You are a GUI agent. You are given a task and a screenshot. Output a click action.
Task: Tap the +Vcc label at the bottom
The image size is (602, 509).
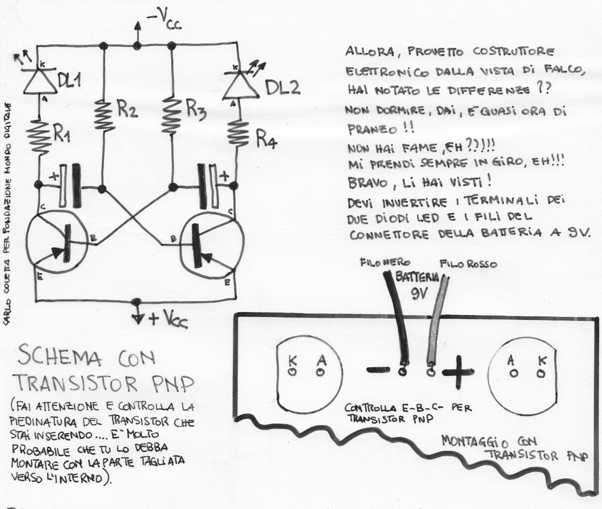(168, 319)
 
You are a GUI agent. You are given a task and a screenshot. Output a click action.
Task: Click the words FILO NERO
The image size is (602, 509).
(385, 262)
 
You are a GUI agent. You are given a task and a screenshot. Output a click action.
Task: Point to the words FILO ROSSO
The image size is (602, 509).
(468, 264)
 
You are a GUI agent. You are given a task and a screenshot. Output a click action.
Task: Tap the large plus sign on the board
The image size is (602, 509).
(458, 372)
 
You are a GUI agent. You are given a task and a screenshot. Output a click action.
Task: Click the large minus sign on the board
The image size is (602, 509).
(378, 369)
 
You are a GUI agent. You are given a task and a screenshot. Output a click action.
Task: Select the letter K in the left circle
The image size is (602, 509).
(293, 360)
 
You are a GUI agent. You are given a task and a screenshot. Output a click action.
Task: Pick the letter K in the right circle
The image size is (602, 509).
(542, 360)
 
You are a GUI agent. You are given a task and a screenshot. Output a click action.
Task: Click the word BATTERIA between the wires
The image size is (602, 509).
(417, 277)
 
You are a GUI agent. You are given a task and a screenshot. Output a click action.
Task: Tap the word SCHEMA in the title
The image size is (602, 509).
(59, 357)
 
